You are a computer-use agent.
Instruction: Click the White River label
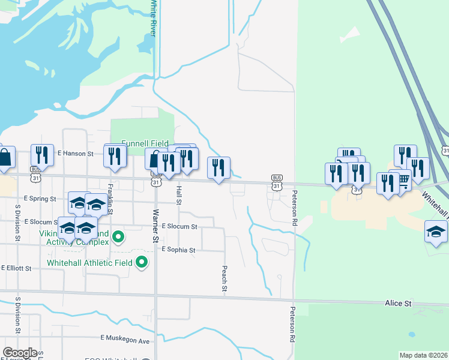(x=154, y=19)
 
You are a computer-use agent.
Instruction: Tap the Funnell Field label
(x=145, y=143)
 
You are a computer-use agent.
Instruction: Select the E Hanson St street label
(x=76, y=154)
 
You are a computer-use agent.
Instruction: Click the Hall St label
(x=179, y=194)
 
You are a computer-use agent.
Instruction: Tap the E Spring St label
(x=40, y=198)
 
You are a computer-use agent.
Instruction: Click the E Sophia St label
(x=178, y=250)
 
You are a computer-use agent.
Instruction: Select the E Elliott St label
(x=16, y=268)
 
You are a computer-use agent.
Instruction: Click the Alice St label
(x=398, y=304)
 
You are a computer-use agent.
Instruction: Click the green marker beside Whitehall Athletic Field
(x=142, y=262)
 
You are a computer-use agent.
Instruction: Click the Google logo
(x=20, y=353)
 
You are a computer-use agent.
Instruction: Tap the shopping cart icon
(x=403, y=178)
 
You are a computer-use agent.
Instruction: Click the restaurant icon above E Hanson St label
(x=42, y=155)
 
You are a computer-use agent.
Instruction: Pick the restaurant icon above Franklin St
(x=115, y=156)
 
